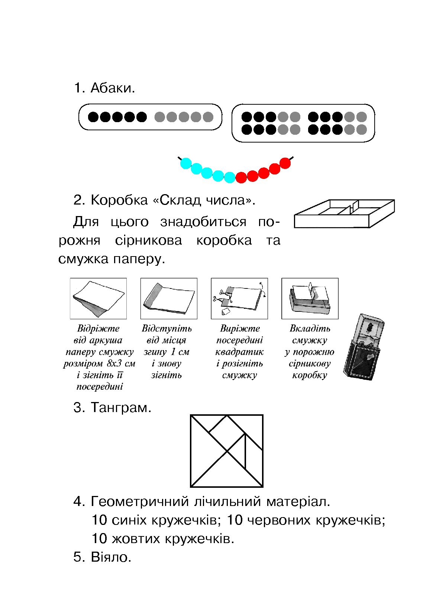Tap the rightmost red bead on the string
pyautogui.click(x=285, y=163)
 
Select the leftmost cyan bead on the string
pyautogui.click(x=186, y=163)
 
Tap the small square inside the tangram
pyautogui.click(x=227, y=433)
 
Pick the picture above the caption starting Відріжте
pyautogui.click(x=98, y=298)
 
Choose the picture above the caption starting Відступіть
pyautogui.click(x=169, y=298)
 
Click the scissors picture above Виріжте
pyautogui.click(x=239, y=298)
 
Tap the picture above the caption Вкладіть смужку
pyautogui.click(x=310, y=298)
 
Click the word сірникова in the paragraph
pyautogui.click(x=148, y=241)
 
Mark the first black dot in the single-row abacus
pyautogui.click(x=93, y=117)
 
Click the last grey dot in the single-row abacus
pyautogui.click(x=208, y=117)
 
